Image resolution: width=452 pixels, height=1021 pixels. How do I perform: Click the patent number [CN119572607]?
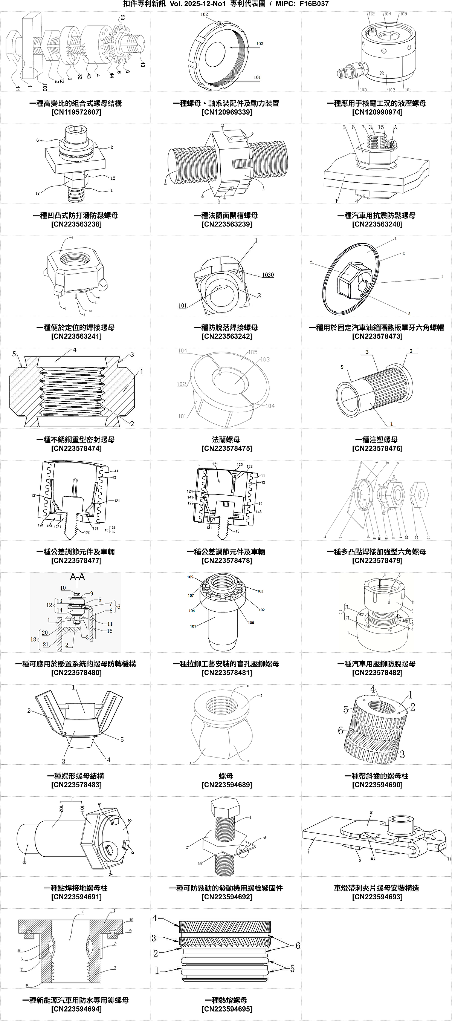pos(76,112)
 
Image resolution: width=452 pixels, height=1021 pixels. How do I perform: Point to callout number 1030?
pos(268,275)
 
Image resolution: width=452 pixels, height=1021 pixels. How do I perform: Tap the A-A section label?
pos(77,577)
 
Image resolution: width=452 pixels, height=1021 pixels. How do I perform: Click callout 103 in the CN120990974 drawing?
pos(363,90)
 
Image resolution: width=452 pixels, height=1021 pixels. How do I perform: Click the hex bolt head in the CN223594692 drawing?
pos(225,806)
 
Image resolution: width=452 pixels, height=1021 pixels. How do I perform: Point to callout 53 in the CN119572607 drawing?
pos(122,18)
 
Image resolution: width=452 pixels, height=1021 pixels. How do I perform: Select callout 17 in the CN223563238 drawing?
pos(37,193)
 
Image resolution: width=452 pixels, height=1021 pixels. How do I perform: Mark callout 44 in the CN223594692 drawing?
pos(200,863)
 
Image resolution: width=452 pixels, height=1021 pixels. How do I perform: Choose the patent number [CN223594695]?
pos(227,1009)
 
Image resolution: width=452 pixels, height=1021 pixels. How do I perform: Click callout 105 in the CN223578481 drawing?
pos(190,577)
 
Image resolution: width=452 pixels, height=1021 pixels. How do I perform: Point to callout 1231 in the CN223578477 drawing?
pos(57,527)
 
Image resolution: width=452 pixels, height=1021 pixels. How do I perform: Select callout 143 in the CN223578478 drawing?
pos(258,512)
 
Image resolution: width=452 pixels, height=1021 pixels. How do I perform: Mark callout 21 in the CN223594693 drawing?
pos(373,858)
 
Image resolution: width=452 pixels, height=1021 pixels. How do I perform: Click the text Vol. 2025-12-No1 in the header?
pos(197,4)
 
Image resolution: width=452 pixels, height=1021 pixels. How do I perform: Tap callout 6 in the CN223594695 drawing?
pos(298,946)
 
